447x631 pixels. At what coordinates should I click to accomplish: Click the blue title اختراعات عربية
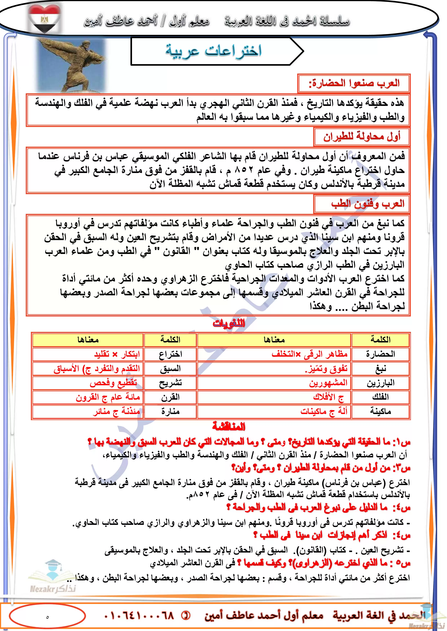[x=213, y=51]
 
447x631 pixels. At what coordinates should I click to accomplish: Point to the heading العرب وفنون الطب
[x=367, y=204]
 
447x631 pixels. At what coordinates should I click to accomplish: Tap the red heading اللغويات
[x=229, y=323]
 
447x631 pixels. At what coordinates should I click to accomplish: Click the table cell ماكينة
[x=380, y=411]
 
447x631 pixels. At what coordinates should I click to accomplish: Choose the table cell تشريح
[x=170, y=383]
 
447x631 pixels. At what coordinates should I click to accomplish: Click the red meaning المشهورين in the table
[x=328, y=383]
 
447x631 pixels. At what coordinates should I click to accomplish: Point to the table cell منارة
[x=170, y=411]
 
